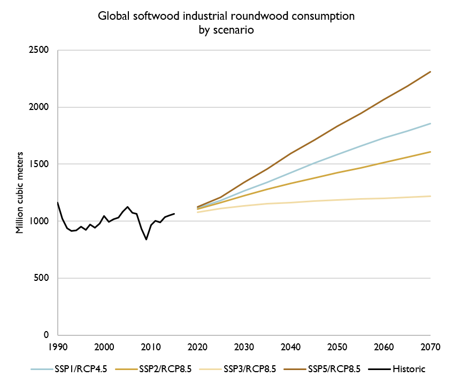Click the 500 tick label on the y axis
[41, 278]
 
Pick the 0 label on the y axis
[47, 335]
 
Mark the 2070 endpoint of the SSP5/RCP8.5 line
[431, 72]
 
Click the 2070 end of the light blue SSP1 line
[431, 123]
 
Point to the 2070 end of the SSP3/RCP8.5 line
[431, 196]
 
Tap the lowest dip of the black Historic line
[146, 239]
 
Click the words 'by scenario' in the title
[226, 30]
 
